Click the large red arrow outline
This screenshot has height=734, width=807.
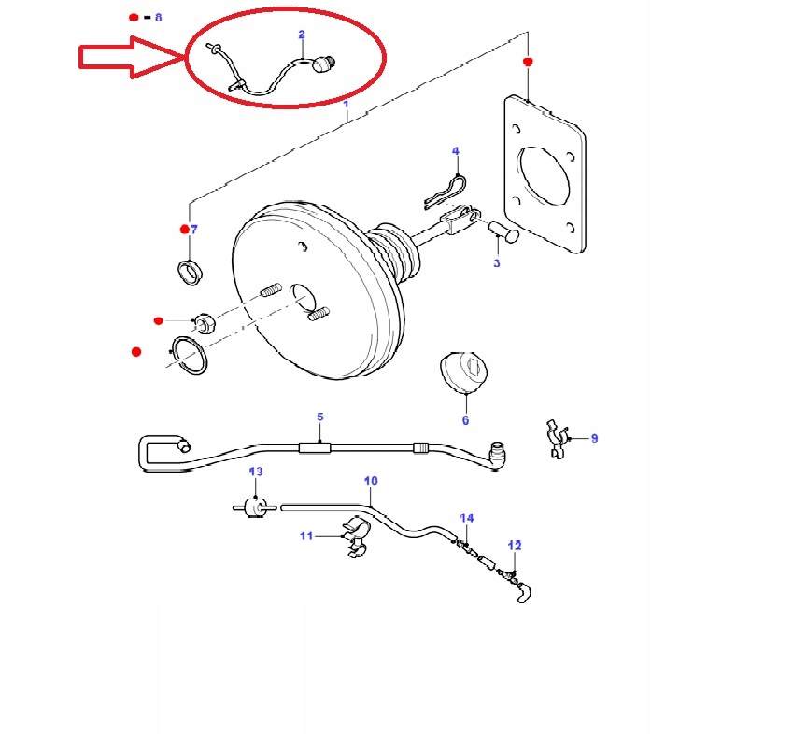(132, 57)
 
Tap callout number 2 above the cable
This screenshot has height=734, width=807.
(302, 35)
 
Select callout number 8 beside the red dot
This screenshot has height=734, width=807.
(158, 17)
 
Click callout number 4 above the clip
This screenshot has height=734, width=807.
(456, 150)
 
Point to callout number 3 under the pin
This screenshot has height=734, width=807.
(497, 263)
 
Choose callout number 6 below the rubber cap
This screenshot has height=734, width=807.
(465, 420)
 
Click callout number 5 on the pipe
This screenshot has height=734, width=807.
(320, 416)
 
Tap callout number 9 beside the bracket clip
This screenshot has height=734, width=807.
(594, 438)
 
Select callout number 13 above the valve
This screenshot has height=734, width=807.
(256, 471)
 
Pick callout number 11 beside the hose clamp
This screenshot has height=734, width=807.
(306, 536)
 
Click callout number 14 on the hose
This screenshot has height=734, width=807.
(467, 517)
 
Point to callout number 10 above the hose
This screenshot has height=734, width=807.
(371, 480)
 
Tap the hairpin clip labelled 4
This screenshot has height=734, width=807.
(446, 192)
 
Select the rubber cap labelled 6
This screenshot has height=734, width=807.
(463, 372)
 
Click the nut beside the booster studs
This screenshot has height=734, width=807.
(205, 323)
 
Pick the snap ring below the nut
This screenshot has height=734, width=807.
(189, 355)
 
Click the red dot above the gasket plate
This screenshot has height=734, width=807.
(528, 62)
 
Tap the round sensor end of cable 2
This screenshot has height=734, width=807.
(324, 64)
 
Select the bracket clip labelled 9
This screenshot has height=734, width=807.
(557, 439)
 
